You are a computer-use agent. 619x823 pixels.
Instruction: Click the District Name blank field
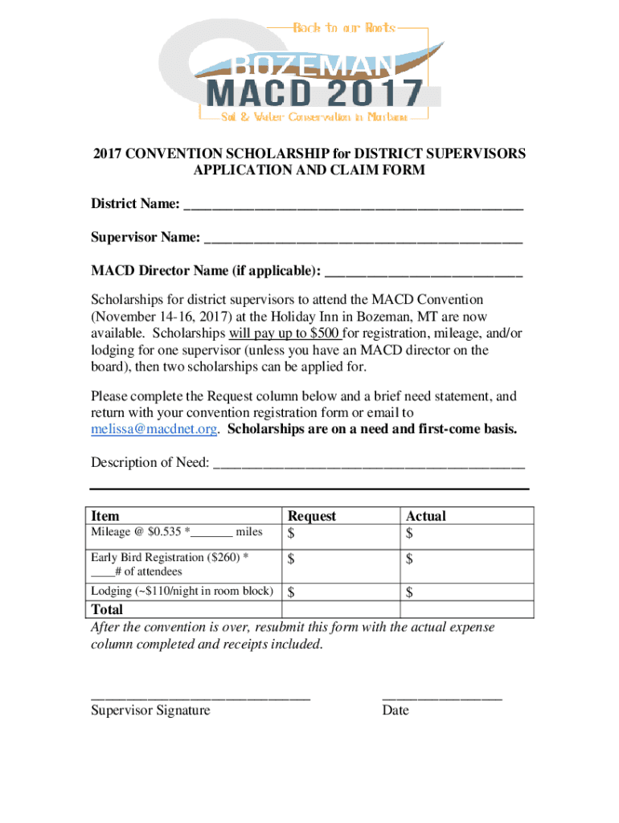pos(354,207)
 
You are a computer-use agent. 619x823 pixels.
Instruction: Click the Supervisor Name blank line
pos(363,238)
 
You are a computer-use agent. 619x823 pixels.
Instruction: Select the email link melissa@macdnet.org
pos(154,429)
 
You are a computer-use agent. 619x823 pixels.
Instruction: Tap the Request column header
pos(312,516)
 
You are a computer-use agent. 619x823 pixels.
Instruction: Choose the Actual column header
pos(426,516)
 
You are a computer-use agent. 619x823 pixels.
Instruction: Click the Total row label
pos(109,610)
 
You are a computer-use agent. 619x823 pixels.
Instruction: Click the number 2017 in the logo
pos(378,92)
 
